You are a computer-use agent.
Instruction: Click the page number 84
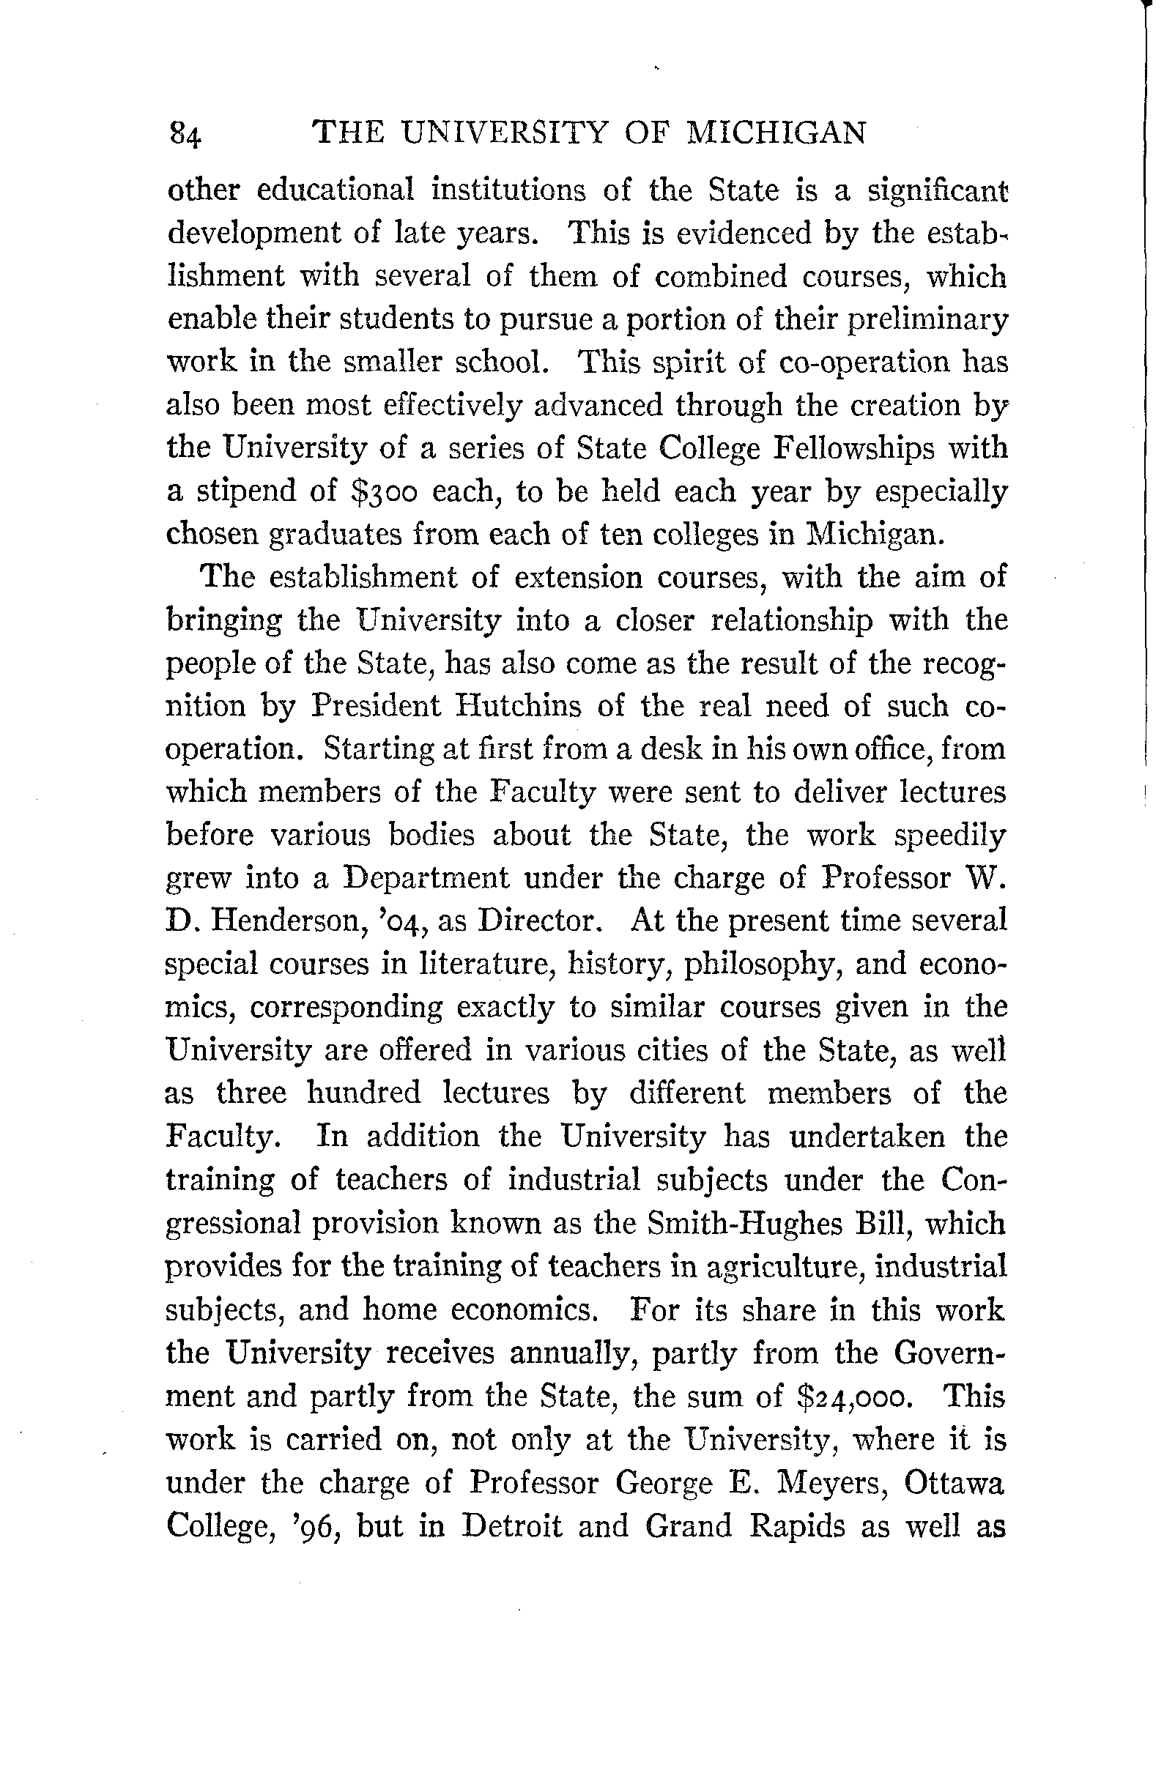click(185, 135)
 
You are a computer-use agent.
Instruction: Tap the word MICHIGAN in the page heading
click(777, 133)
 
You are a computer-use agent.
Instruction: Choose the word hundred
click(364, 1093)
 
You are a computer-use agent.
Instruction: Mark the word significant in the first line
click(938, 190)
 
